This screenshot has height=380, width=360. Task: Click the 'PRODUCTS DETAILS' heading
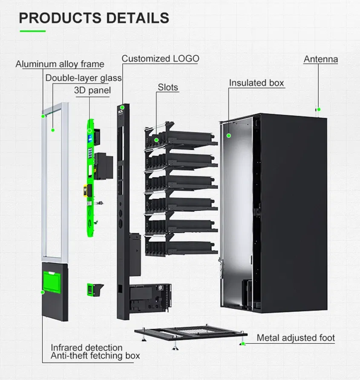(94, 18)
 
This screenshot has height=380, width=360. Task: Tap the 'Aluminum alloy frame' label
(60, 64)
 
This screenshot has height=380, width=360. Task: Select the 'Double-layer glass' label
(84, 78)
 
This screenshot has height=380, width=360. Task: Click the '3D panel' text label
(92, 90)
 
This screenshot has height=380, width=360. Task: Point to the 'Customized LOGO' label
(160, 58)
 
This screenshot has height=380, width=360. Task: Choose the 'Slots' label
(168, 87)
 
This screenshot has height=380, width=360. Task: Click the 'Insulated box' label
(256, 83)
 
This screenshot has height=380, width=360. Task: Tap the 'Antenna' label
(320, 59)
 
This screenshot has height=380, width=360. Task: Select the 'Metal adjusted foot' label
(296, 338)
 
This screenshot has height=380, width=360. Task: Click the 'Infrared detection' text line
(86, 348)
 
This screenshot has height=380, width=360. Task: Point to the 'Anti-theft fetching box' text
(95, 355)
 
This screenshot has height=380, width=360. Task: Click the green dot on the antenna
(318, 109)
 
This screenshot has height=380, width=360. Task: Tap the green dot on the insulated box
(229, 135)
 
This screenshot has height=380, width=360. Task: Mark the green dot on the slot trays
(156, 140)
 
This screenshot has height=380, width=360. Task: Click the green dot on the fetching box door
(43, 292)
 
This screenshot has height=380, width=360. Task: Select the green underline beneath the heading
(32, 31)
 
